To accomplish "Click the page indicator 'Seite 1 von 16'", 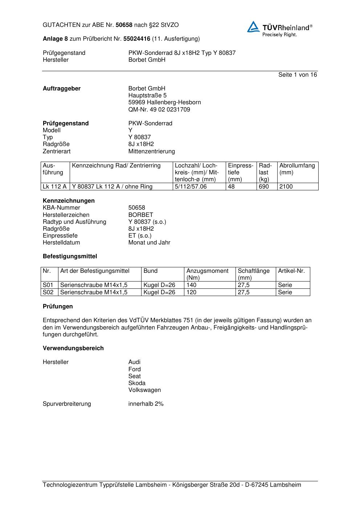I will pyautogui.click(x=297, y=75).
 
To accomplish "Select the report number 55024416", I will pyautogui.click(x=136, y=39).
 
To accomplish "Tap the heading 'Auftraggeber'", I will pyautogui.click(x=62, y=89).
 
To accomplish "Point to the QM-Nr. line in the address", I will pyautogui.click(x=159, y=110).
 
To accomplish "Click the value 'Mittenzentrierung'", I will pyautogui.click(x=151, y=151).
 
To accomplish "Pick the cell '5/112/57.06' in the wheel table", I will pyautogui.click(x=191, y=187).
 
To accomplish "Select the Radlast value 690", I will pyautogui.click(x=263, y=187).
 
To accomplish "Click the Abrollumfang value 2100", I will pyautogui.click(x=286, y=187).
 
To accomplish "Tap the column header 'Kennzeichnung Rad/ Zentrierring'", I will pyautogui.click(x=116, y=166).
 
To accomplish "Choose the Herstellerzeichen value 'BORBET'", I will pyautogui.click(x=140, y=215).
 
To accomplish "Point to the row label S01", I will pyautogui.click(x=48, y=285).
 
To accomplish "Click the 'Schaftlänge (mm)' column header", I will pyautogui.click(x=253, y=274).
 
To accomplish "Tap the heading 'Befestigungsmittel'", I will pyautogui.click(x=70, y=256).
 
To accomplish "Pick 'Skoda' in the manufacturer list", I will pyautogui.click(x=137, y=383).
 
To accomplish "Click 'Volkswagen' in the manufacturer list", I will pyautogui.click(x=144, y=390).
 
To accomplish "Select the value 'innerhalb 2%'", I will pyautogui.click(x=146, y=404).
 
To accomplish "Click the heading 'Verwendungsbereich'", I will pyautogui.click(x=73, y=348).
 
